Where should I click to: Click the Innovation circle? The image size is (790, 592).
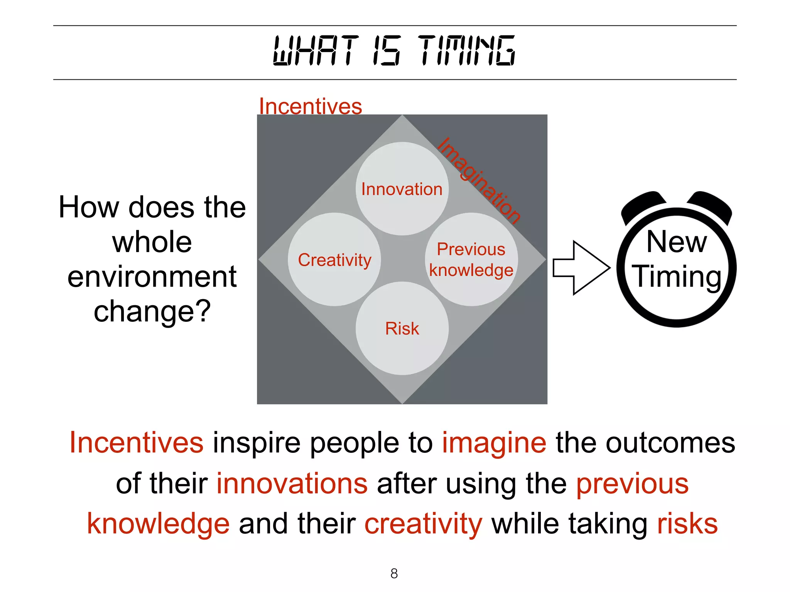pyautogui.click(x=402, y=189)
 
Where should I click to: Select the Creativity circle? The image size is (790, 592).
pyautogui.click(x=334, y=259)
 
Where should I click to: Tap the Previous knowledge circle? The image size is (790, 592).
pyautogui.click(x=471, y=259)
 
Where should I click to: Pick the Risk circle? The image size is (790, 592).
pyautogui.click(x=402, y=328)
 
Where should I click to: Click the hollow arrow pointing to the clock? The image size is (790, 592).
pyautogui.click(x=581, y=268)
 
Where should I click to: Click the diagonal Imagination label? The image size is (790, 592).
pyautogui.click(x=479, y=180)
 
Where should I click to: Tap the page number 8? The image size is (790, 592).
pyautogui.click(x=394, y=573)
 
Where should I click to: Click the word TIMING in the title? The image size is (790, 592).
pyautogui.click(x=466, y=50)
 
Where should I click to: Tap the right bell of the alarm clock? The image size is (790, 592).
pyautogui.click(x=711, y=206)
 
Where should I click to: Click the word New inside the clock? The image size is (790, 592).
pyautogui.click(x=677, y=242)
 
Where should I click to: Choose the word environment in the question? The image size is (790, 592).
pyautogui.click(x=152, y=277)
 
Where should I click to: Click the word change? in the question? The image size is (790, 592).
pyautogui.click(x=152, y=311)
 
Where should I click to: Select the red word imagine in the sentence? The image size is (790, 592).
pyautogui.click(x=494, y=443)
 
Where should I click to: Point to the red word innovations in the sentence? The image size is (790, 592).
pyautogui.click(x=292, y=484)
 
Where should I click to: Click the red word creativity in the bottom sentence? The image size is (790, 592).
pyautogui.click(x=423, y=524)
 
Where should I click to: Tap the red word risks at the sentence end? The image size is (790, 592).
pyautogui.click(x=687, y=524)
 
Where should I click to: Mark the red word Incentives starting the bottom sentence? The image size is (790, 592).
pyautogui.click(x=137, y=443)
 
